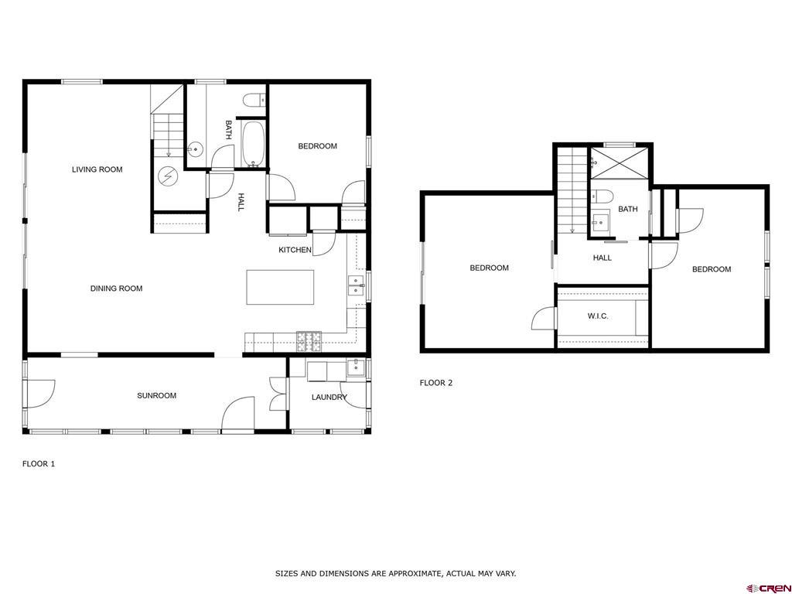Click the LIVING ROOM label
click(97, 169)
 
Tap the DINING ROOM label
click(116, 288)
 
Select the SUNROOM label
click(156, 395)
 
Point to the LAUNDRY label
click(329, 398)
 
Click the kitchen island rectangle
click(280, 288)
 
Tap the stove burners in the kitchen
click(309, 341)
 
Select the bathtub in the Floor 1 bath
click(253, 144)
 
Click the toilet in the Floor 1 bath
click(254, 101)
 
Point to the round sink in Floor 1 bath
click(195, 150)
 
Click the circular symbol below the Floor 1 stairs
click(168, 176)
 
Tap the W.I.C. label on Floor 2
click(598, 316)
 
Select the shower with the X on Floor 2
click(619, 162)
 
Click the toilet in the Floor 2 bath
click(602, 196)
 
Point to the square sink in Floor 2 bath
click(600, 223)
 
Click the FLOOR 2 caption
click(436, 383)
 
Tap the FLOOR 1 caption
click(39, 464)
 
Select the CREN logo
click(768, 588)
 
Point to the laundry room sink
click(356, 366)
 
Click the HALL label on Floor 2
click(602, 258)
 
